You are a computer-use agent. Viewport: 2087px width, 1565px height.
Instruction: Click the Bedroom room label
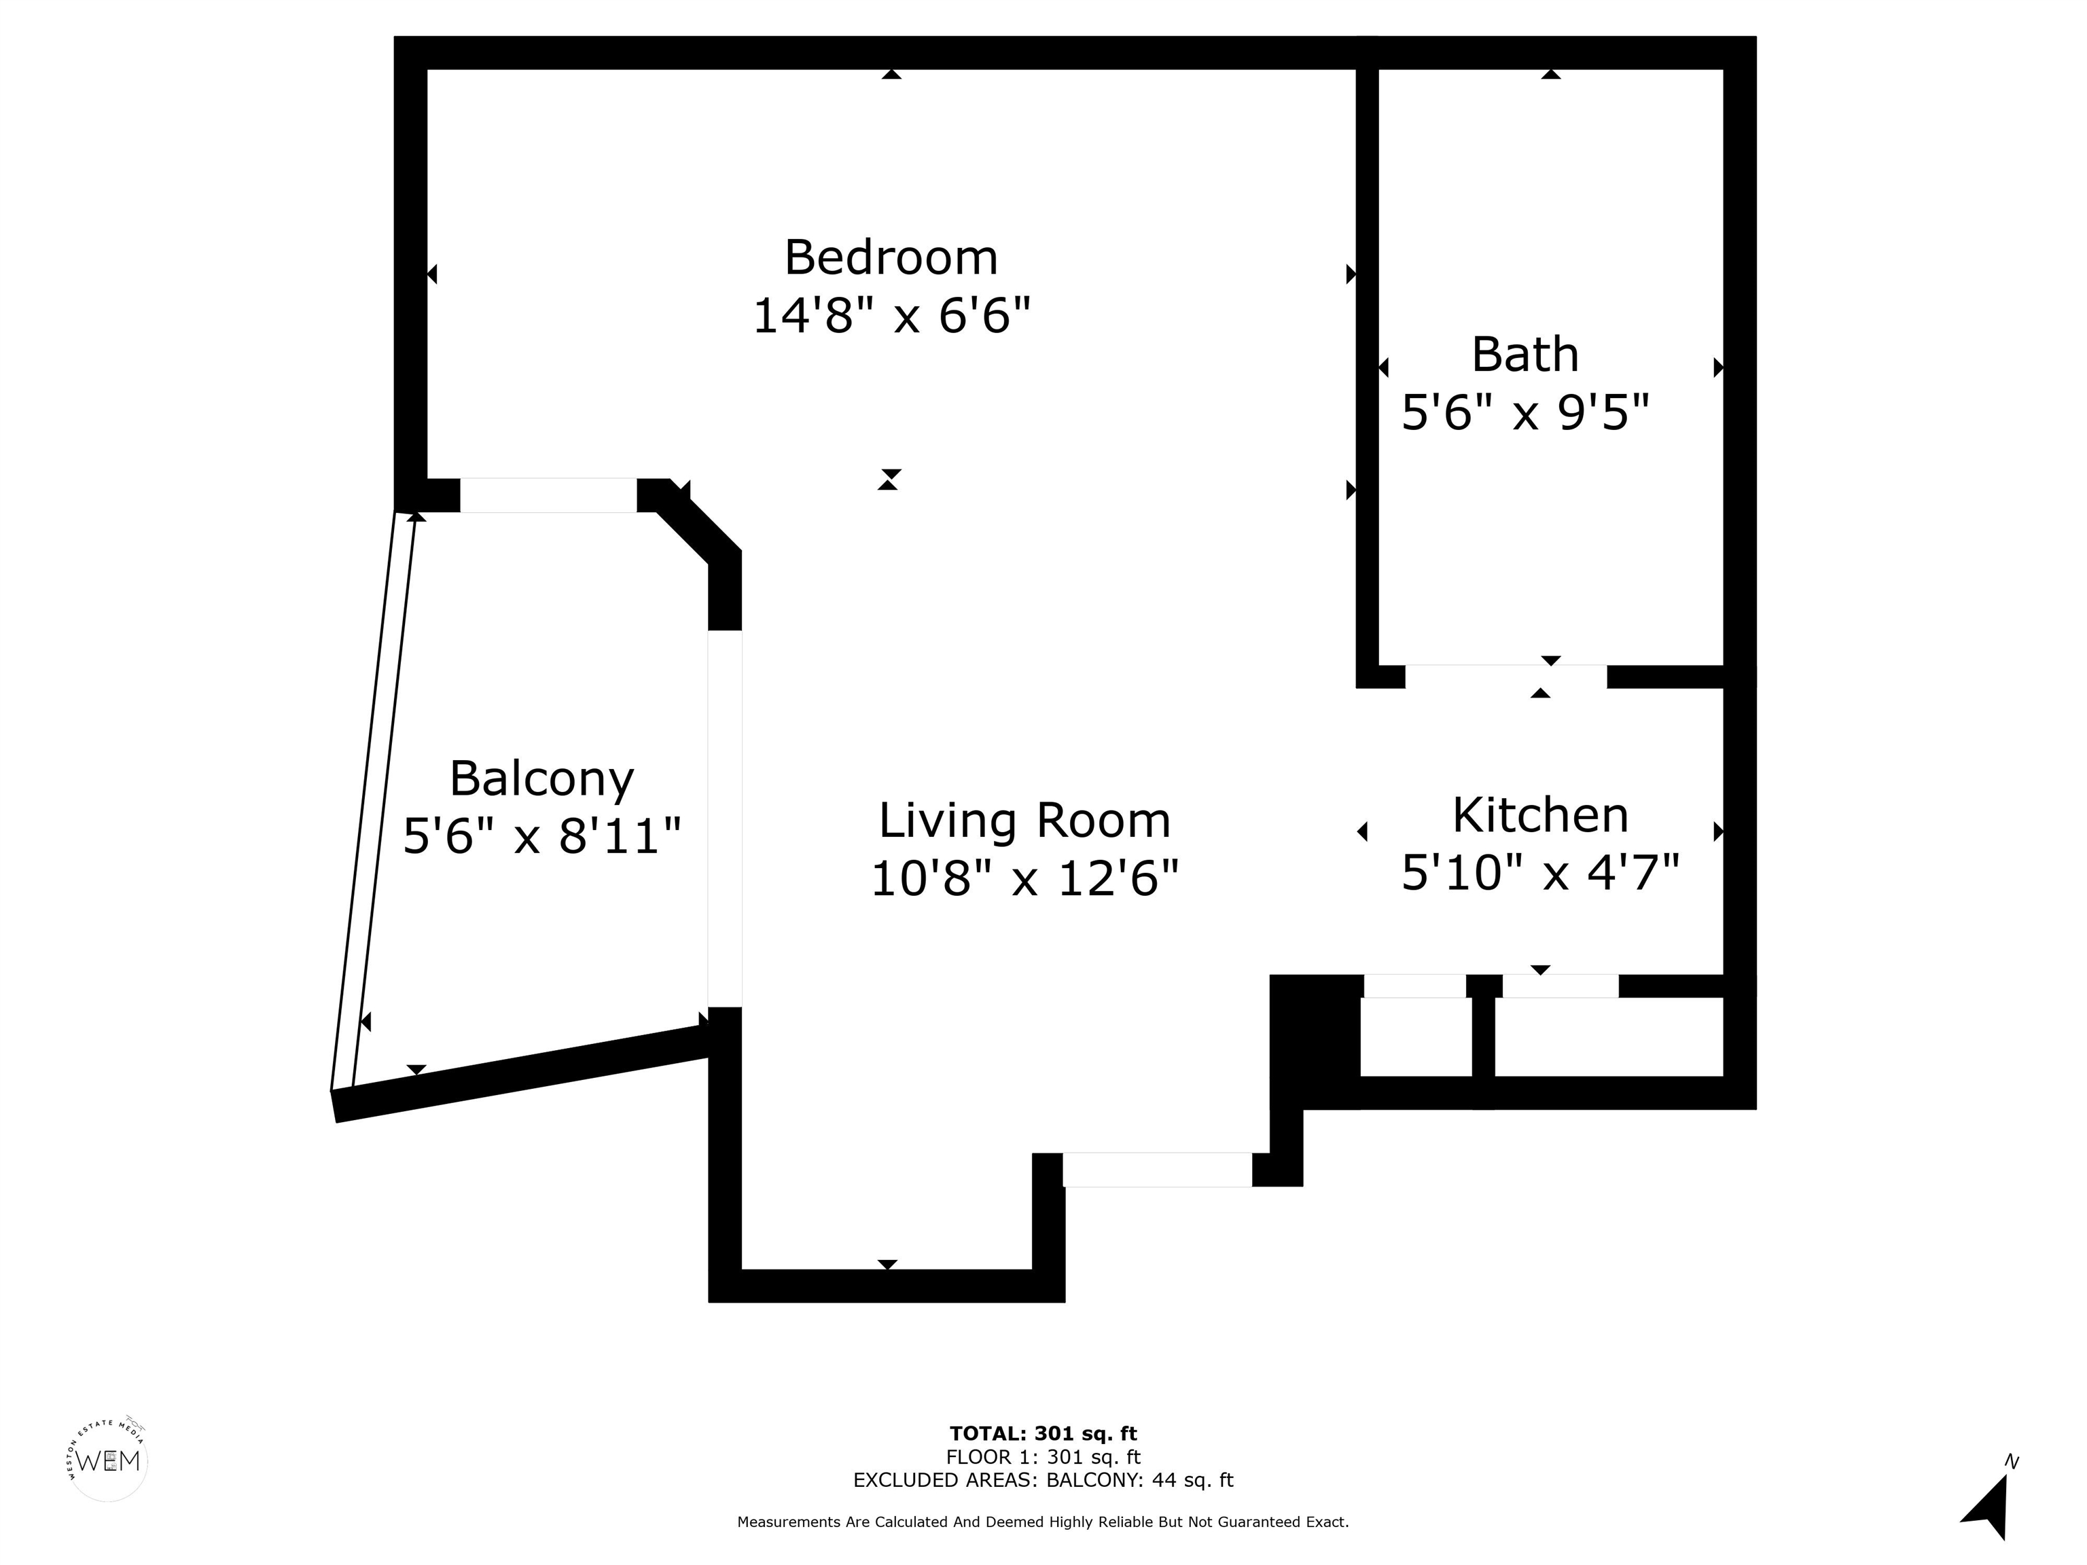pyautogui.click(x=890, y=257)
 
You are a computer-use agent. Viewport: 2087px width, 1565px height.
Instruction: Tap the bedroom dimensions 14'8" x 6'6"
pyautogui.click(x=890, y=315)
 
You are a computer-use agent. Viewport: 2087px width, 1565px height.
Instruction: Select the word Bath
pyautogui.click(x=1524, y=355)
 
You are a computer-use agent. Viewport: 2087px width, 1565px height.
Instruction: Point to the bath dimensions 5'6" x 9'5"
pyautogui.click(x=1524, y=413)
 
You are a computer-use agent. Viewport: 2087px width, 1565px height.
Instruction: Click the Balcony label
pyautogui.click(x=541, y=779)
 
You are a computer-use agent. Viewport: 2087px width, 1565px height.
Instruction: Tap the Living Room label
pyautogui.click(x=1024, y=821)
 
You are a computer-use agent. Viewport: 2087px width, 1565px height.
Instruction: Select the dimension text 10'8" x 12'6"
pyautogui.click(x=1024, y=879)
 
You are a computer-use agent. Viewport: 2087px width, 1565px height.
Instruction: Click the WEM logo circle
pyautogui.click(x=109, y=1461)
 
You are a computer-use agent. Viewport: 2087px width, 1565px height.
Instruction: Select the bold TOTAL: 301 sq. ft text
pyautogui.click(x=1043, y=1434)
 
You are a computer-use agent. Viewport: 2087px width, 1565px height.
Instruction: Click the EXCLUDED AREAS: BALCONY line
pyautogui.click(x=1043, y=1480)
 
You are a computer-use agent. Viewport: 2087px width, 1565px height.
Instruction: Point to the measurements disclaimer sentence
pyautogui.click(x=1043, y=1522)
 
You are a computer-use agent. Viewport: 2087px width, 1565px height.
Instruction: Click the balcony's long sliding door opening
pyautogui.click(x=725, y=818)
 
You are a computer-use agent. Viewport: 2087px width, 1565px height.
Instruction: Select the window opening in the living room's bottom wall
pyautogui.click(x=1157, y=1170)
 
